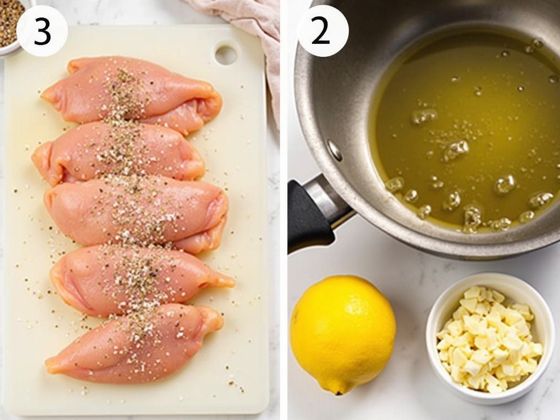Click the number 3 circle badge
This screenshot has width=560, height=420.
click(42, 31)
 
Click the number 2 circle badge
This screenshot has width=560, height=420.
click(323, 31)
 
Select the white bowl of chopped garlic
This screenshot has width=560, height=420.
click(489, 339)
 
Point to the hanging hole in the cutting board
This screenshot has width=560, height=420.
click(226, 54)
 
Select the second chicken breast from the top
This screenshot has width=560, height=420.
click(120, 151)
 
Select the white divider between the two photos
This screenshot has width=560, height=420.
click(283, 219)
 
